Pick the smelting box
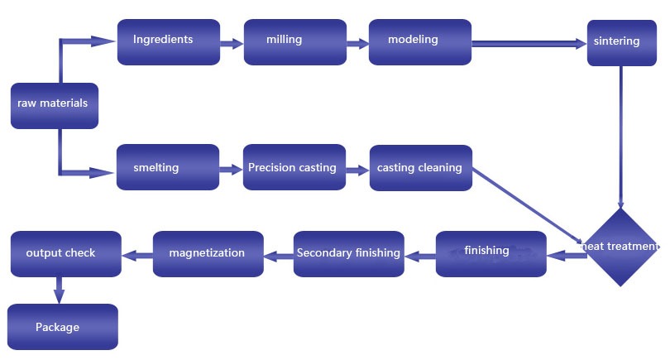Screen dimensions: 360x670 [x=168, y=168]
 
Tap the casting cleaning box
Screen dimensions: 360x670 [x=420, y=168]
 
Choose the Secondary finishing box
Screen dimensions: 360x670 [x=349, y=253]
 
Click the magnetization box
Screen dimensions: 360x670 [x=208, y=253]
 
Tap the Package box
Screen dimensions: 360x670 [x=63, y=327]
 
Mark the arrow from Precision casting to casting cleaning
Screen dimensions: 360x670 [x=357, y=170]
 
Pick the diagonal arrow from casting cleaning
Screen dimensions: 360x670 [x=529, y=207]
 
